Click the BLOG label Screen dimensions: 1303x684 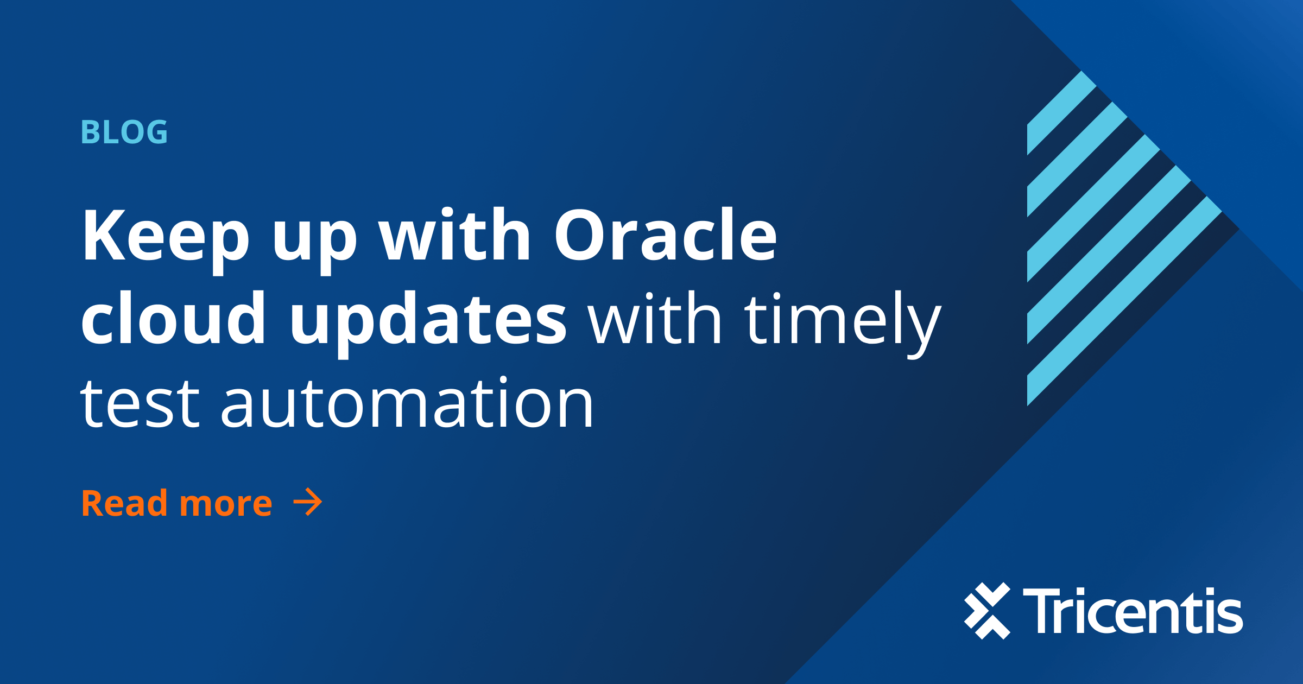124,132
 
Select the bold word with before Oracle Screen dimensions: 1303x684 454,234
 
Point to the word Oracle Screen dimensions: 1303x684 666,235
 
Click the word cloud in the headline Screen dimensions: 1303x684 173,318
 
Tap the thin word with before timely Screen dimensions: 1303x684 655,318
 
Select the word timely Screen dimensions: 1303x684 843,325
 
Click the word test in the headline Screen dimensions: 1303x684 140,402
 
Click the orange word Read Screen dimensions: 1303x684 124,503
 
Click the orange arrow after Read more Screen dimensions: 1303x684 308,502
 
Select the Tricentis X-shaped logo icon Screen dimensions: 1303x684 987,611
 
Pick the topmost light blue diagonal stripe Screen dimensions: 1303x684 1062,113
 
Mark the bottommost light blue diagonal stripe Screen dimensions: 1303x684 1124,301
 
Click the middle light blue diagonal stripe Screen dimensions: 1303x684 1093,208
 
